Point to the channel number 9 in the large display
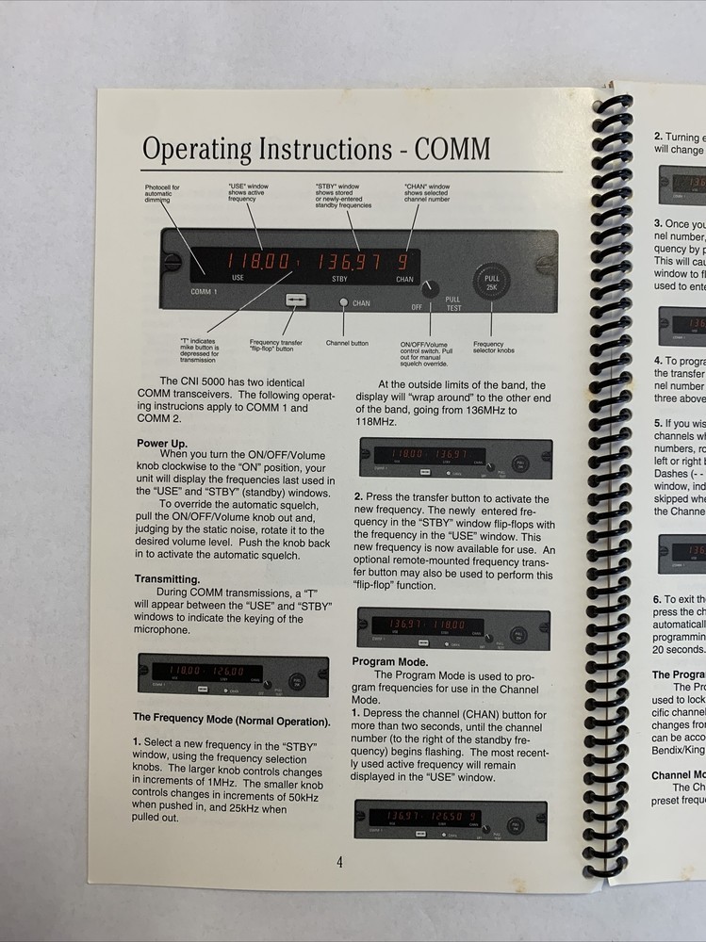403,262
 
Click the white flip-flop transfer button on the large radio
297,300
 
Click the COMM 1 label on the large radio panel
205,292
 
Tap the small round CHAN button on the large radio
344,303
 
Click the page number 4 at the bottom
338,861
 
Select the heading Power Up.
162,443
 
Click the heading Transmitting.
167,579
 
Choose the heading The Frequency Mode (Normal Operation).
232,719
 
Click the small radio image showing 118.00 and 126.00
233,675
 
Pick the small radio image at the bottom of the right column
450,820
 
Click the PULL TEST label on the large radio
453,303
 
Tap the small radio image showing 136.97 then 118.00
448,626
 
